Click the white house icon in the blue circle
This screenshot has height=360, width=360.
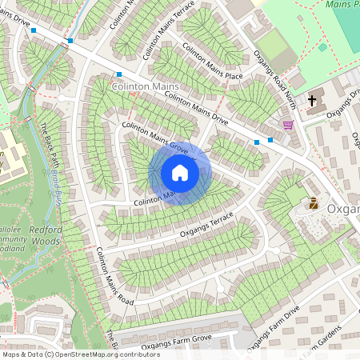(x=180, y=173)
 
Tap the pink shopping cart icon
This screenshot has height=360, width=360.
(x=287, y=124)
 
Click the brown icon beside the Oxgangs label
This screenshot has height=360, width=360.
(x=314, y=204)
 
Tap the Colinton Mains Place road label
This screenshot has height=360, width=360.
(x=212, y=62)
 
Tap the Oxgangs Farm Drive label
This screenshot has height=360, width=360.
(x=274, y=327)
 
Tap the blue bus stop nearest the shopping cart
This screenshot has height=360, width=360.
(x=270, y=140)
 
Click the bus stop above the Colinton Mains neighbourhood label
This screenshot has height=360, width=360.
(x=118, y=74)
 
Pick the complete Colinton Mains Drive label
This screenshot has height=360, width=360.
(x=206, y=110)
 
